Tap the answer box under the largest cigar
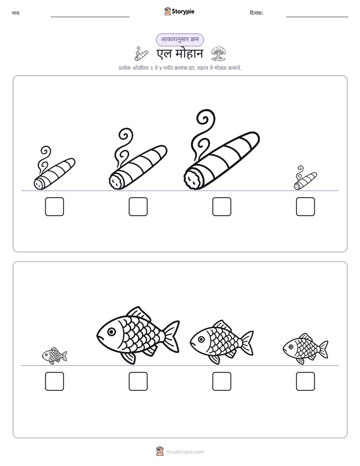(x=221, y=207)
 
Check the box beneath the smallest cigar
(x=306, y=207)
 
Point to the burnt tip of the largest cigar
(x=194, y=179)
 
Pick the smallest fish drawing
(x=54, y=356)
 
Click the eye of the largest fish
(x=111, y=331)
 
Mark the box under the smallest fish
(x=54, y=381)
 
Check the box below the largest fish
(x=138, y=381)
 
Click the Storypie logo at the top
(x=179, y=11)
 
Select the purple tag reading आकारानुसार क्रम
(x=180, y=39)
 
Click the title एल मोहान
(x=180, y=54)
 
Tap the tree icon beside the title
(x=218, y=53)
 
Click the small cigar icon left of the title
(x=141, y=54)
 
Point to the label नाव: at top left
(x=16, y=13)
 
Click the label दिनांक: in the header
(x=256, y=13)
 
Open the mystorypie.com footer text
(x=185, y=452)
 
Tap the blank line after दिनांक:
(x=317, y=17)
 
